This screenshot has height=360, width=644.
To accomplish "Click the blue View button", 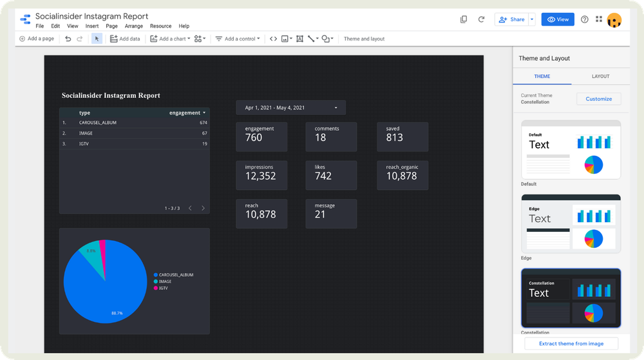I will pos(558,19).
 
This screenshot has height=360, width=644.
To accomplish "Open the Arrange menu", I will pos(134,26).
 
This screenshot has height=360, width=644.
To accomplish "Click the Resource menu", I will pos(160,26).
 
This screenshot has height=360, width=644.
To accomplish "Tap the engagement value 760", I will pos(254,137).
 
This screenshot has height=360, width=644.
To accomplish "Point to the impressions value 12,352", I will pos(260,176).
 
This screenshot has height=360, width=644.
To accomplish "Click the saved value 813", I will pos(394,137).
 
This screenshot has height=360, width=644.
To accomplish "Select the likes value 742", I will pos(323,176).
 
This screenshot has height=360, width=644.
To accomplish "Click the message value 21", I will pos(320,214).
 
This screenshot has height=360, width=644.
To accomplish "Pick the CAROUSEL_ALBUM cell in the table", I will pos(98,122).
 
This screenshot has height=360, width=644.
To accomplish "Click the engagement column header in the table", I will pos(185,113).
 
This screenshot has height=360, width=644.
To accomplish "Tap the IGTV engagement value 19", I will pos(204,144).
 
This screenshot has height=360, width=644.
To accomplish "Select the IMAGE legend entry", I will pos(165,281).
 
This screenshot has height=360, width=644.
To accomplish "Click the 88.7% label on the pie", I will pos(117,312).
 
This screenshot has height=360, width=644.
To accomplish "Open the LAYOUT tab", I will pos(600,76).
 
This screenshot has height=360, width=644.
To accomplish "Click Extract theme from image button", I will pos(571,343).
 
